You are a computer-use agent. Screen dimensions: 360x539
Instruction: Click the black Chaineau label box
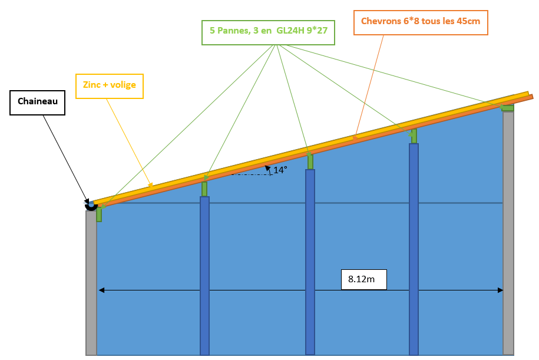coord(37,102)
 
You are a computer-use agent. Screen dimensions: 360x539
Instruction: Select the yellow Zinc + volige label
coord(110,85)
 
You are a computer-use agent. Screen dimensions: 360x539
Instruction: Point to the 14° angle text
coord(280,170)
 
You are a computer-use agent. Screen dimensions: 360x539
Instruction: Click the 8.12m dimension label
coord(363,279)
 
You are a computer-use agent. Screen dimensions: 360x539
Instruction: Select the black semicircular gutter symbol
coord(91,206)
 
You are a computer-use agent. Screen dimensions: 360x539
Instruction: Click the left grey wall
coord(91,283)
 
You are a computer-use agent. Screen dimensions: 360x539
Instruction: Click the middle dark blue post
coord(310,262)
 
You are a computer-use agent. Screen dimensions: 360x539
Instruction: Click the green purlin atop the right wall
coord(507,108)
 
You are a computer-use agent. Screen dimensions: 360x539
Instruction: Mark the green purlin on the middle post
coord(310,161)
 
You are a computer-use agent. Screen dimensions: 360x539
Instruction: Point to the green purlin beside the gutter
coord(99,213)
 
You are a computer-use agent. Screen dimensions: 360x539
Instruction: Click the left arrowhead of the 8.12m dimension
coord(101,290)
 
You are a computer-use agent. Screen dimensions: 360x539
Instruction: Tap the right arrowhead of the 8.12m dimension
coord(500,290)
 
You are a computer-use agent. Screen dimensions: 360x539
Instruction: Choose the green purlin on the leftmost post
coord(204,189)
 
